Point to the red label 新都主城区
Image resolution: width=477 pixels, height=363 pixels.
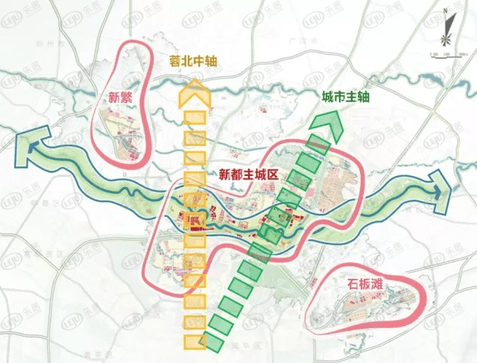(x=248, y=174)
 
